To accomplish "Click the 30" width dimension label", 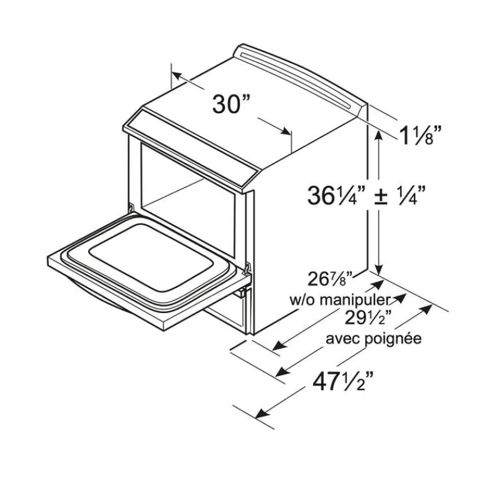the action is tap(231, 103).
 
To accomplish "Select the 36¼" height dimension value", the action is tap(336, 195).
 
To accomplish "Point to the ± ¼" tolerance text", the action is tap(400, 195).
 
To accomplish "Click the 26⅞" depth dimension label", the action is tap(330, 279).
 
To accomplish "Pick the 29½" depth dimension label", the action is tap(368, 318).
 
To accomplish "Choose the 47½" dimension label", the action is tap(343, 381).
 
